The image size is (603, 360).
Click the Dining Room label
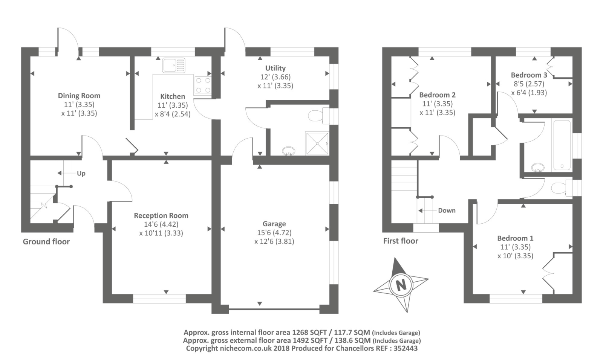[x=79, y=96]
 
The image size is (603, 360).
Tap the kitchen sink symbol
[x=174, y=65]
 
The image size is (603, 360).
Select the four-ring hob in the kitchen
[x=203, y=85]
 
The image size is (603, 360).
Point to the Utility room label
[x=275, y=68]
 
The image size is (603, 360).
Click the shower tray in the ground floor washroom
[x=317, y=143]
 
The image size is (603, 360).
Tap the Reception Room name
[x=161, y=215]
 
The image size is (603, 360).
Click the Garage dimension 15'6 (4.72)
[x=274, y=232]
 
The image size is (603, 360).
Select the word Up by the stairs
[x=81, y=174]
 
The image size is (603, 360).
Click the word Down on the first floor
[x=447, y=211]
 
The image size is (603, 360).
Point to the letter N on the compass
[x=401, y=285]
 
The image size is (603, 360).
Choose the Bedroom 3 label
[x=529, y=75]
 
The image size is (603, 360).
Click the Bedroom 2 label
[x=438, y=95]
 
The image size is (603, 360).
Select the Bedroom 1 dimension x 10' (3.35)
[x=515, y=256]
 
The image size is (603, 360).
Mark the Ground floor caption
[x=46, y=242]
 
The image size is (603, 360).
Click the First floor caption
[x=401, y=241]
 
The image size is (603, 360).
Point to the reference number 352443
[x=406, y=348]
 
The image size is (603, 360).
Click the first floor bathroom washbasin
[x=537, y=168]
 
